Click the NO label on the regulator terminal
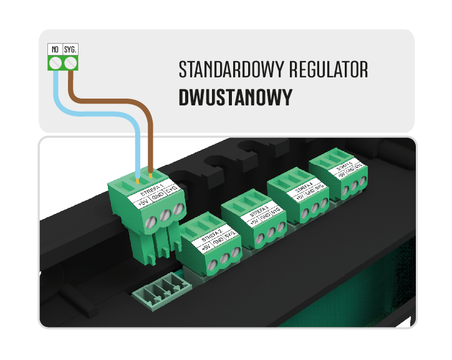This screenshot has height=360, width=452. point(55,49)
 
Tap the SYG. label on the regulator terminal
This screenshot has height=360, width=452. point(71,49)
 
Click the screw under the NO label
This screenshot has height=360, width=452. point(56,62)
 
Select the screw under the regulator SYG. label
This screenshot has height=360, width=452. point(71,62)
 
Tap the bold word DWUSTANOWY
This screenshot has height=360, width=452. point(235,98)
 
